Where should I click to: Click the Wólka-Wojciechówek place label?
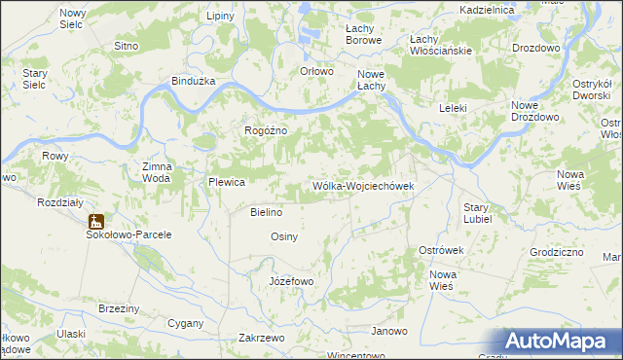363,186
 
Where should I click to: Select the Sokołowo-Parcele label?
128,234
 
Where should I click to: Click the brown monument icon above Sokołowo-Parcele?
95,220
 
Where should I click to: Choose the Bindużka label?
192,82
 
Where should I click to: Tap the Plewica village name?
226,182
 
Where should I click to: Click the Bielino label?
266,212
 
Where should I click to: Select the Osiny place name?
283,236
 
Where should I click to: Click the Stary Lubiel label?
476,213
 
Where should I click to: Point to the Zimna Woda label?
157,172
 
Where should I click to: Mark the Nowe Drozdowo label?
536,111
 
